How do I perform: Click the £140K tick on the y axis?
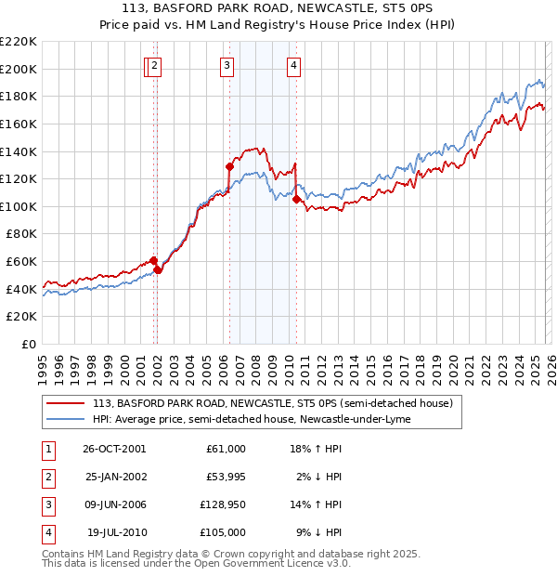[19, 151]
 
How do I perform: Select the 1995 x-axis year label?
[42, 360]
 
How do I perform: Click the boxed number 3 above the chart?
[227, 65]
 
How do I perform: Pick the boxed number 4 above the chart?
[293, 65]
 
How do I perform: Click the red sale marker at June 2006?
[229, 166]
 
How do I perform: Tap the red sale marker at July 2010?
[296, 199]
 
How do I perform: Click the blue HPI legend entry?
[251, 420]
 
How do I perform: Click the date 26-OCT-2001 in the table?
[114, 449]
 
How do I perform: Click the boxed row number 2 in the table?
[46, 477]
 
